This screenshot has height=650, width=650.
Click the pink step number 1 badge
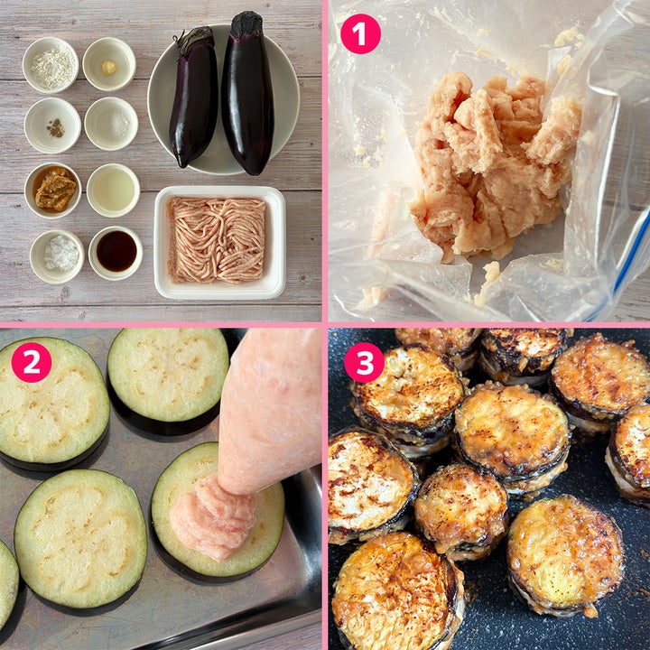click(360, 34)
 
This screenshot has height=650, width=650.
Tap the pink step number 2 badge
click(32, 362)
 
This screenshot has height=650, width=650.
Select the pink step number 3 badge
click(365, 362)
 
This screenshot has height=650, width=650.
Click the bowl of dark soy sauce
click(116, 253)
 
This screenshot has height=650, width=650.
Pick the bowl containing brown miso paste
click(53, 190)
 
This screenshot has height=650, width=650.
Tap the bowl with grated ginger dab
click(109, 64)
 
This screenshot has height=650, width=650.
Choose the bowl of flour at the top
click(51, 65)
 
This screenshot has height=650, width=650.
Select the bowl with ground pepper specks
click(52, 125)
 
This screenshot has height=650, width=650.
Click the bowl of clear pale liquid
click(113, 190)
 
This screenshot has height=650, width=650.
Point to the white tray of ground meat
click(220, 243)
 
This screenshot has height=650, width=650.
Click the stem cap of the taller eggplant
click(246, 25)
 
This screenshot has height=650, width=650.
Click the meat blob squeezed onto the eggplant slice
click(212, 517)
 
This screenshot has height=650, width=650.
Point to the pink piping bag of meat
click(269, 411)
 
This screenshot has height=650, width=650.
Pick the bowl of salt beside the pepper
click(111, 124)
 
